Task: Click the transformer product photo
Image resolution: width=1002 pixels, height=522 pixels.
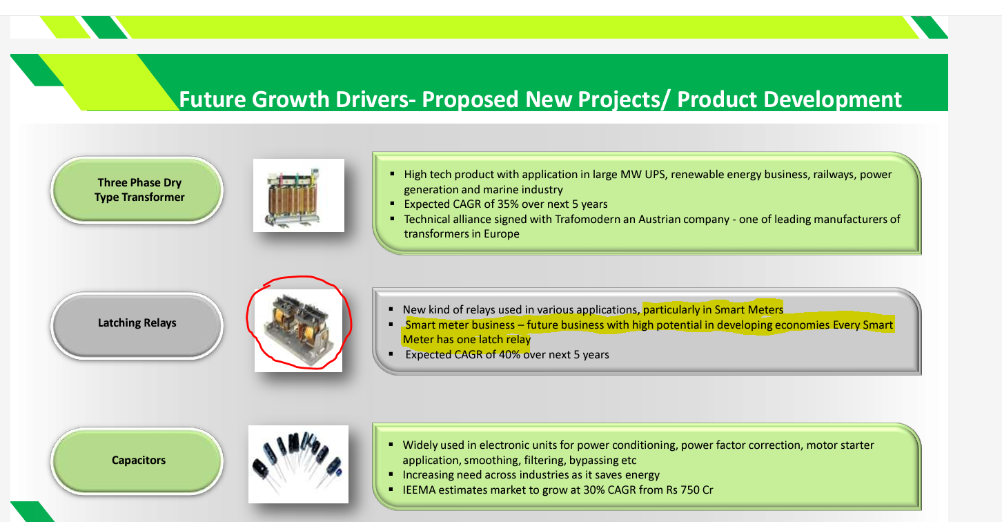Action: tap(298, 195)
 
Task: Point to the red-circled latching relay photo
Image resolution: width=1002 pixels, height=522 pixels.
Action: tap(298, 330)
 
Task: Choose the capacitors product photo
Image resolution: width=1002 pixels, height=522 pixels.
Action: tap(298, 464)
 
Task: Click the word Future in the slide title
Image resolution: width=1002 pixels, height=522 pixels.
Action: tap(212, 99)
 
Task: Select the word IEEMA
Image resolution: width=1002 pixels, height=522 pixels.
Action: tap(419, 490)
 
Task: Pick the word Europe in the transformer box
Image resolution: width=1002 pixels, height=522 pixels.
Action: tap(502, 234)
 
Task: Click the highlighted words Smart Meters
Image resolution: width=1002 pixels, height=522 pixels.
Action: tap(749, 310)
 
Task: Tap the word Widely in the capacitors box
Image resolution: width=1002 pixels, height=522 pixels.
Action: tap(419, 445)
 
